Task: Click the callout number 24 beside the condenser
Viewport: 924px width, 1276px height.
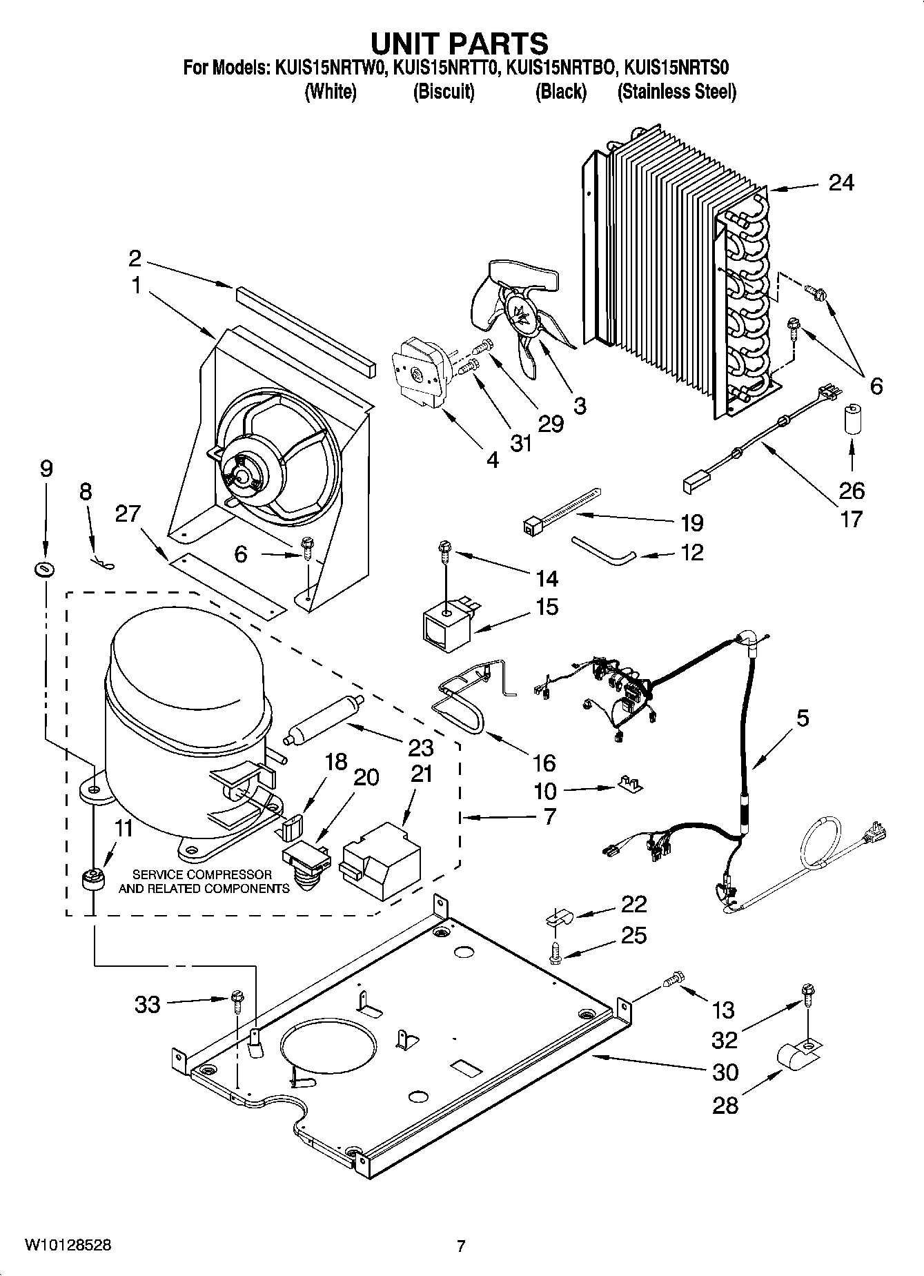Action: (x=841, y=183)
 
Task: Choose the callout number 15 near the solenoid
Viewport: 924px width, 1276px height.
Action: (x=547, y=607)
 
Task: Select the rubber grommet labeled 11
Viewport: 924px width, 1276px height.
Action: (x=92, y=880)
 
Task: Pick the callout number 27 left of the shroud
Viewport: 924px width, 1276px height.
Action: (x=128, y=514)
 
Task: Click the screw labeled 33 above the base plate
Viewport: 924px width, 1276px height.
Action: (x=237, y=997)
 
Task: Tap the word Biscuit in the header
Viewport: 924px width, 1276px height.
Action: (x=443, y=92)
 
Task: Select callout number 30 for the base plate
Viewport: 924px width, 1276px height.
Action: (x=725, y=1072)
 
